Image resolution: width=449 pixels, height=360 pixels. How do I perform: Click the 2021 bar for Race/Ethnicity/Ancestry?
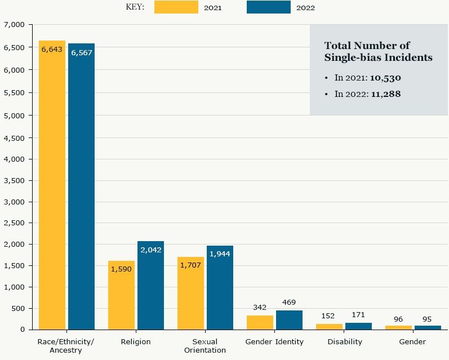(x=52, y=186)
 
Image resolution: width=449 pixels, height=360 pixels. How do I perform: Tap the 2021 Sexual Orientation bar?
(x=190, y=293)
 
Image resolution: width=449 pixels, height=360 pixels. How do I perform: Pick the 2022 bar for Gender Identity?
(x=289, y=319)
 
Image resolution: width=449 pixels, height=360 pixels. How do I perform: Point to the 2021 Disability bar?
(x=329, y=326)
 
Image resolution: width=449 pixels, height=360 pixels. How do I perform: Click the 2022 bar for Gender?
(x=428, y=327)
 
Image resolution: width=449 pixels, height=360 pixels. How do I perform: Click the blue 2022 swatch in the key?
(x=269, y=7)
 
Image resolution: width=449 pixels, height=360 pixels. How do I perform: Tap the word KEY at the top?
(x=135, y=7)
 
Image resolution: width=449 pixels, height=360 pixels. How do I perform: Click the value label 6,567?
(x=81, y=52)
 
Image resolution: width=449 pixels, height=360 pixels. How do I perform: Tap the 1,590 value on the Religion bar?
(x=121, y=269)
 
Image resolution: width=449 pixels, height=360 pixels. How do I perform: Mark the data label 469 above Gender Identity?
(x=289, y=303)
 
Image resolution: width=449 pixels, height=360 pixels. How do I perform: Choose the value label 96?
(x=398, y=319)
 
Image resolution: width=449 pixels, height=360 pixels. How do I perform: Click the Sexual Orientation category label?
(x=205, y=346)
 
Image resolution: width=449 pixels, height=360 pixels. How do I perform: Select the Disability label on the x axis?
(x=345, y=342)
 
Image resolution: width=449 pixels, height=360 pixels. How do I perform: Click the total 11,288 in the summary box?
(x=385, y=94)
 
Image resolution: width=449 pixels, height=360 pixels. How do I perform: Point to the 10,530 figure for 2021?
(x=385, y=78)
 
